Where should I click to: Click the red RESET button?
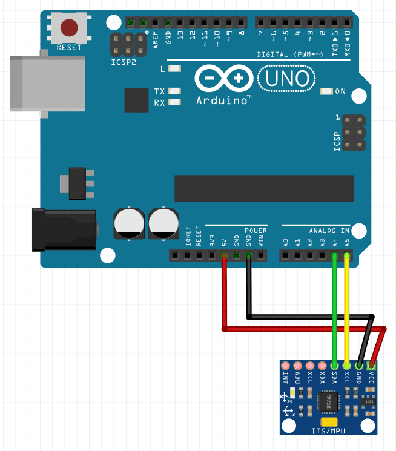[69, 27]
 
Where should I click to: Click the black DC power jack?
[64, 229]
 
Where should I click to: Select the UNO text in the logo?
[287, 78]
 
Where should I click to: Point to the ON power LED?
[328, 91]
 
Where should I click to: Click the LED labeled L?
[175, 68]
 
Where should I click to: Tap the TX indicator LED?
[175, 91]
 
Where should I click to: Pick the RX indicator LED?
[175, 102]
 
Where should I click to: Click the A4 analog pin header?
[334, 256]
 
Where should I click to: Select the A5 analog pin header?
[346, 256]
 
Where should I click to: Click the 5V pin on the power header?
[224, 256]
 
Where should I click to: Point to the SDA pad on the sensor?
[335, 366]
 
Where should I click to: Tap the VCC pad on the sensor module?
[372, 366]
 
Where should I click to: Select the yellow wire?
[347, 309]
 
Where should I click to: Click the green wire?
[334, 309]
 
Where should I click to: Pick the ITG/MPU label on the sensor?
[329, 430]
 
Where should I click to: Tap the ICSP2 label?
[124, 62]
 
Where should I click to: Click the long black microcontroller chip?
[264, 188]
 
